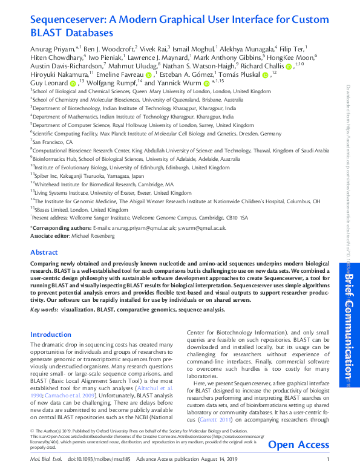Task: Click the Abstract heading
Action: (x=44, y=252)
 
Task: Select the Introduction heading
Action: (x=51, y=334)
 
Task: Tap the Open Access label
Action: (x=298, y=446)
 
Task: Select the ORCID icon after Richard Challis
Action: (x=288, y=65)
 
